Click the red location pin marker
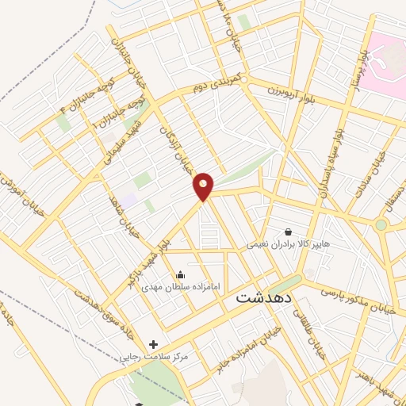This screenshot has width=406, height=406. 204,186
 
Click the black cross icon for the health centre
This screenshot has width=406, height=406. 153,344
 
